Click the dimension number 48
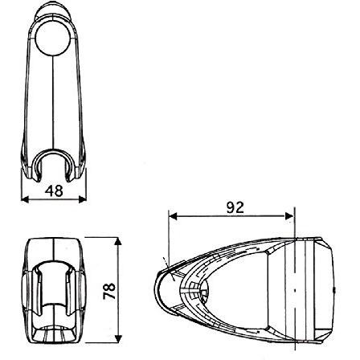coord(54,191)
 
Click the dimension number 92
coord(235,207)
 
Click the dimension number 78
coord(109,291)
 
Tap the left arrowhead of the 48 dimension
coord(25,199)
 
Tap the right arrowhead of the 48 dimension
coord(83,199)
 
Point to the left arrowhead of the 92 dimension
coord(173,216)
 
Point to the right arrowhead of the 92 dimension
coord(289,216)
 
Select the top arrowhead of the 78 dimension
coord(118,241)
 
